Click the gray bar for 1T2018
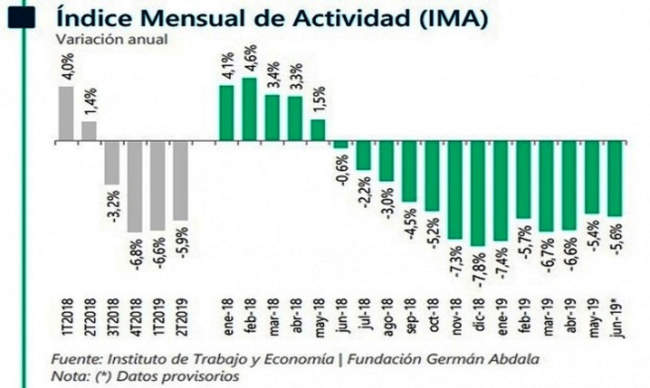click(x=66, y=113)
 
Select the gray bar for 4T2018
click(x=135, y=187)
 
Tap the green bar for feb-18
click(x=250, y=109)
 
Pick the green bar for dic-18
click(x=478, y=193)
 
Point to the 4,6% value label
click(x=251, y=61)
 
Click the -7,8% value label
click(x=480, y=270)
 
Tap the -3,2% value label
click(x=115, y=207)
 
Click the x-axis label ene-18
click(x=228, y=317)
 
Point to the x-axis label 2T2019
click(x=182, y=317)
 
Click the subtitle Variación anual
click(x=112, y=40)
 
